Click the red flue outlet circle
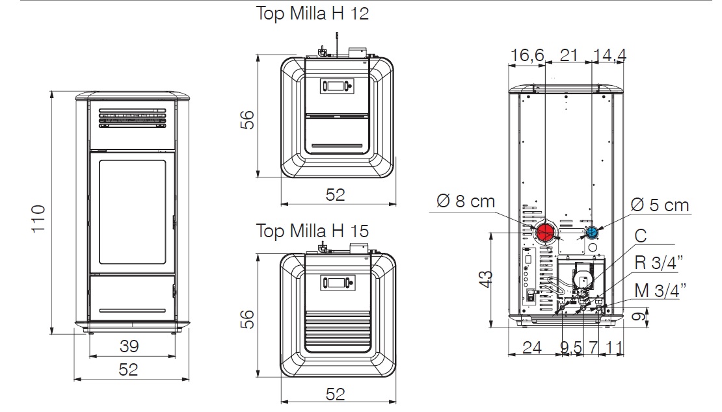tap(544, 232)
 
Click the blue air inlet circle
tap(592, 233)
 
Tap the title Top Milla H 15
tap(312, 231)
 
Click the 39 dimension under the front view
tap(129, 346)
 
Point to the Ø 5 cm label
tap(659, 205)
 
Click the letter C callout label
tap(641, 236)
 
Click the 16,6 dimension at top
tap(527, 55)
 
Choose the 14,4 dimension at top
tap(609, 55)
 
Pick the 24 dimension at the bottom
tap(532, 347)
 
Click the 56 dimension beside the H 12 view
tap(246, 119)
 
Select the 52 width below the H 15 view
tap(335, 393)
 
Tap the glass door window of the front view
tap(132, 212)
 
